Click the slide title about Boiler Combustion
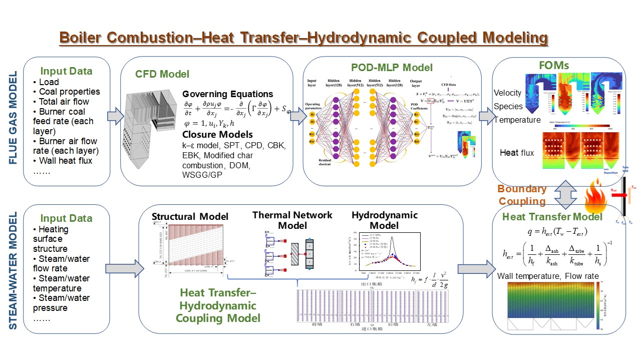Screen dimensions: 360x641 (x=303, y=38)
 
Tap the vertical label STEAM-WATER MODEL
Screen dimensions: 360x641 (x=14, y=270)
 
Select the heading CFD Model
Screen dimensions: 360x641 (x=162, y=74)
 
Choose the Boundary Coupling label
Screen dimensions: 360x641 (x=522, y=195)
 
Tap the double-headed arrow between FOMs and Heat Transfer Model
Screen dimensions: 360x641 (x=565, y=195)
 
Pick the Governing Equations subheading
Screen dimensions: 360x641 (x=227, y=94)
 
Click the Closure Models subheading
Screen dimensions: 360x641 (x=217, y=134)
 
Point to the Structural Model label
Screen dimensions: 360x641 (x=190, y=216)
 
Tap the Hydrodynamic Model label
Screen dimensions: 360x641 (x=385, y=220)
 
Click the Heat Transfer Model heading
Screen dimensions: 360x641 (x=552, y=217)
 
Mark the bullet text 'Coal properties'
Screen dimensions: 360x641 (x=70, y=92)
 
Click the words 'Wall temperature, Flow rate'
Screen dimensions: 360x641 (x=548, y=276)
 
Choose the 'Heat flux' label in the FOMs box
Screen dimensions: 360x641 (x=516, y=152)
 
